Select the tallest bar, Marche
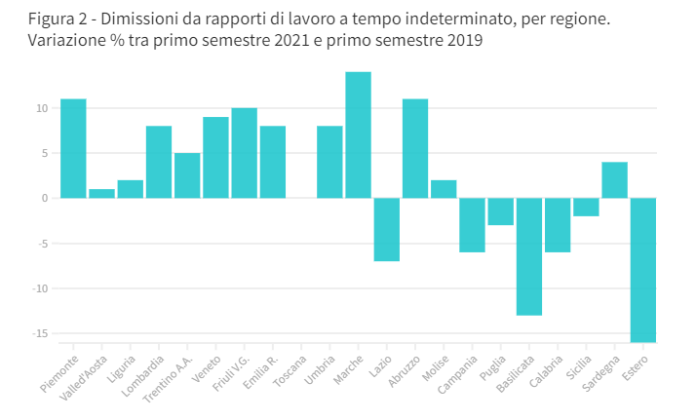coord(358,134)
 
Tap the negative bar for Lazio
coord(386,229)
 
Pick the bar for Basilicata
coord(529,256)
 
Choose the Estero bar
coord(642,270)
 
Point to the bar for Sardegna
coord(614,180)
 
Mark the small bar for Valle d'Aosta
coord(101,193)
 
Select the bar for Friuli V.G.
coord(244,153)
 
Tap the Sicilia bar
coord(586,207)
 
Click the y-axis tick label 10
coord(41,108)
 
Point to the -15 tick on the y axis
coord(39,333)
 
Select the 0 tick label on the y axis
coord(44,198)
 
